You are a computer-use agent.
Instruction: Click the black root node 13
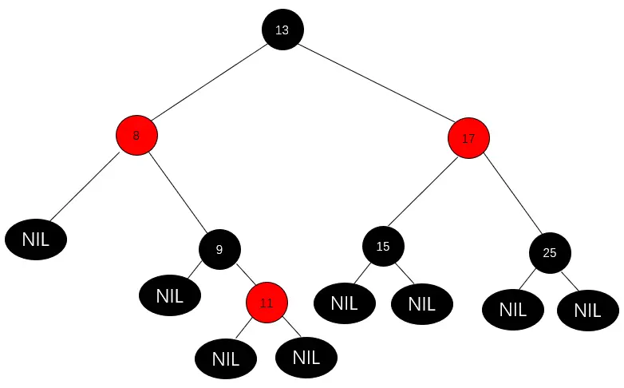[x=282, y=30]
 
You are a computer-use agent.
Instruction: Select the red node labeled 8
[x=136, y=136]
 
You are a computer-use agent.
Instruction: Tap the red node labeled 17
[x=468, y=138]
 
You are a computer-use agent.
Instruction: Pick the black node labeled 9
[x=219, y=249]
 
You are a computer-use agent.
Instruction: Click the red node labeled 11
[x=267, y=303]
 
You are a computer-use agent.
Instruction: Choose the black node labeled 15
[x=383, y=246]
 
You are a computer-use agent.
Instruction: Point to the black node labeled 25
[x=549, y=253]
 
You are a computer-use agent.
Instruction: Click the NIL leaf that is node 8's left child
[x=36, y=240]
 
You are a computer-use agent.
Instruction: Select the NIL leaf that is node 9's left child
[x=170, y=296]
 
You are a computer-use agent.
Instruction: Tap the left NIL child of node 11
[x=226, y=359]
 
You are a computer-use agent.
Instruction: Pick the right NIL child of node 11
[x=306, y=358]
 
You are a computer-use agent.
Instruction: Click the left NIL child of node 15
[x=344, y=303]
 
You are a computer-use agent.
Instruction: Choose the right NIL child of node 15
[x=422, y=303]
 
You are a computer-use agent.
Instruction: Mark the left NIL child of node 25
[x=513, y=310]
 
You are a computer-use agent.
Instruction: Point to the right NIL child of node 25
[x=587, y=311]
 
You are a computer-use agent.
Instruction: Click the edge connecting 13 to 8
[x=209, y=82]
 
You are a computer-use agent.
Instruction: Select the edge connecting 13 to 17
[x=375, y=84]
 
